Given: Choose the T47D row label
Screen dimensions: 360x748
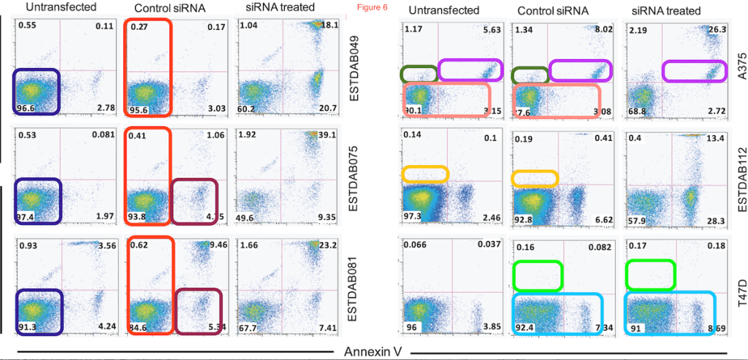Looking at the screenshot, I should point(737,282).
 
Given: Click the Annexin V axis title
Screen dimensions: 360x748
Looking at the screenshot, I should point(374,351).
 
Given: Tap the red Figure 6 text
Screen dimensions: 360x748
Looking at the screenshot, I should point(364,7).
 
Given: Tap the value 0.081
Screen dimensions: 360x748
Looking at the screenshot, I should point(103,134).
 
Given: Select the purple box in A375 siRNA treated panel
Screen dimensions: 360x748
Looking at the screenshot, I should point(694,71).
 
